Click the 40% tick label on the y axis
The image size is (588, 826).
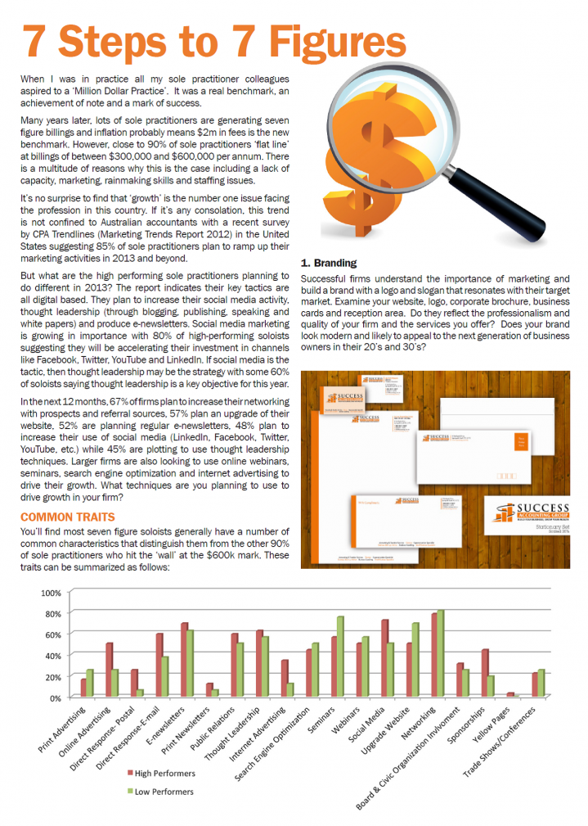click(52, 656)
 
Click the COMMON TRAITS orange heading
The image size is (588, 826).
click(67, 517)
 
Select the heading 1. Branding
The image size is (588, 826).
click(329, 263)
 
